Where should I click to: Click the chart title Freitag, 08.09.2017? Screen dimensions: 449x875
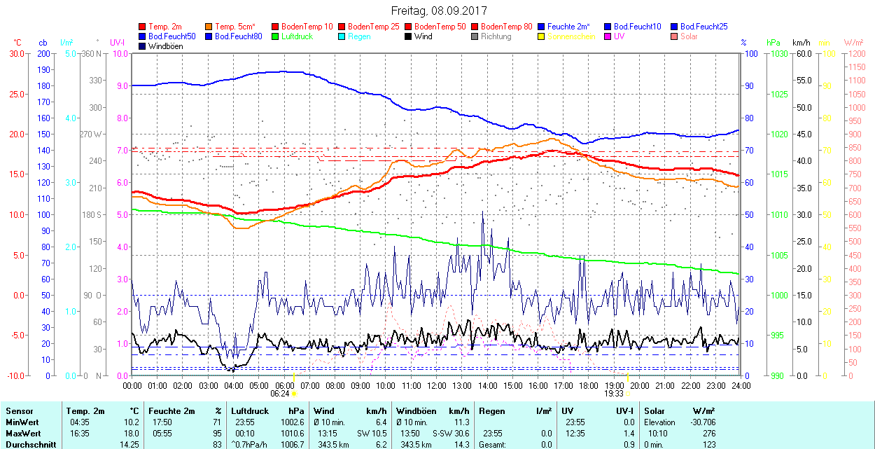438,11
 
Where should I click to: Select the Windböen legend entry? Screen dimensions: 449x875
164,46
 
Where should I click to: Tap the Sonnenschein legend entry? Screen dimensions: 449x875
571,36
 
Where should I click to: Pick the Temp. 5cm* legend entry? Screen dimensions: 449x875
235,27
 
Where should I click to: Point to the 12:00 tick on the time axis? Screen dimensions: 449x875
437,385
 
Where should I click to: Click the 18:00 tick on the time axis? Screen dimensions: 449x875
589,385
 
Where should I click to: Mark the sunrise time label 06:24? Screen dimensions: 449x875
280,394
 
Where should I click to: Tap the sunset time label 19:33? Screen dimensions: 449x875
614,394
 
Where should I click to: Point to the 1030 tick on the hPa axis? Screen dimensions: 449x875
777,53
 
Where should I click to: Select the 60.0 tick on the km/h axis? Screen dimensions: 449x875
802,53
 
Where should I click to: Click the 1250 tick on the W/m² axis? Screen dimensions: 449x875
857,53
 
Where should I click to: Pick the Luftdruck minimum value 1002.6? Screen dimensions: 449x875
291,422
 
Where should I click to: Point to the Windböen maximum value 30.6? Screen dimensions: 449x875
461,434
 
